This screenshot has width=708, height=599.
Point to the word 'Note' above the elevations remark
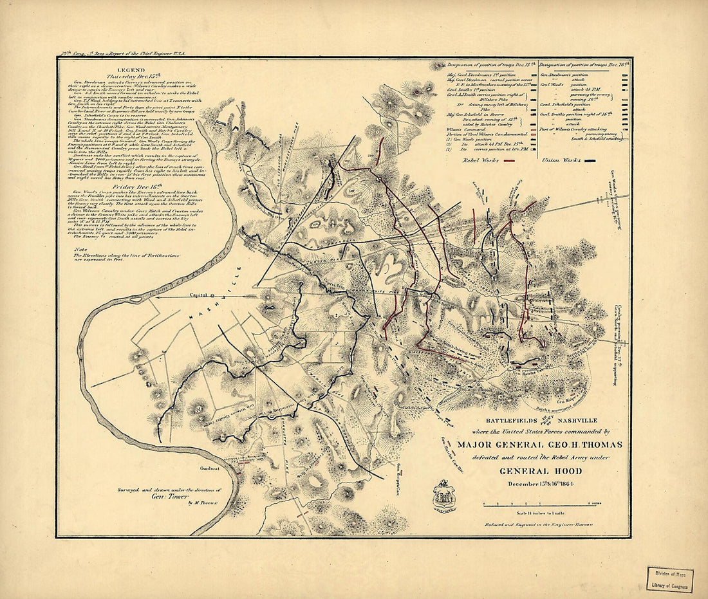click(81, 250)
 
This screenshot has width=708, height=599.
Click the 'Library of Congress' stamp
click(671, 579)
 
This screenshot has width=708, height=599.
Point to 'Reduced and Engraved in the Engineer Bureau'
click(539, 525)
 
